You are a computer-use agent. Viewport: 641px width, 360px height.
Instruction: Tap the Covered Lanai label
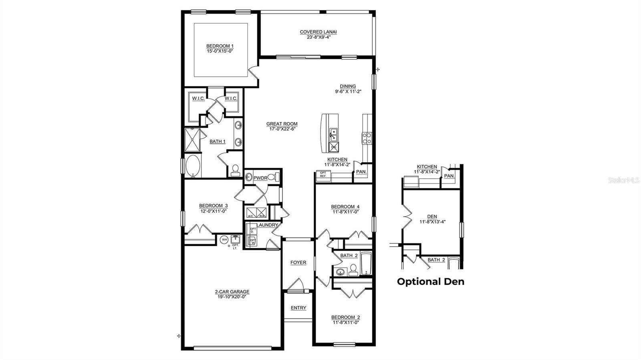(318, 32)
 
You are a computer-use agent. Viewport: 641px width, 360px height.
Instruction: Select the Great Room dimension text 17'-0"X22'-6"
(282, 129)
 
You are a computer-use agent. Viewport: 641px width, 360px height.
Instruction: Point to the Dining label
(348, 86)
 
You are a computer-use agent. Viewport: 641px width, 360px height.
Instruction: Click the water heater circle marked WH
(224, 239)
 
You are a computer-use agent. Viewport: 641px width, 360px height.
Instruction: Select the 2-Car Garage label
(232, 292)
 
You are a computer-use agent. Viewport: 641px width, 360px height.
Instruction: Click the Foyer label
(298, 263)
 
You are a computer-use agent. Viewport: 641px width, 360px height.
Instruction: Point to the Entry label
(298, 308)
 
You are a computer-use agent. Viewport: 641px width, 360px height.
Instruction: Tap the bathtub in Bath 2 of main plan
(366, 264)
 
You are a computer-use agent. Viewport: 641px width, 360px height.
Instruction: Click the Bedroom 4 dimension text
(345, 212)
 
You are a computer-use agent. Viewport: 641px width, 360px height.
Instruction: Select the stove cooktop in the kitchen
(367, 138)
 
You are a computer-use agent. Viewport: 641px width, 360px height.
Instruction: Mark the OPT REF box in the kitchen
(323, 174)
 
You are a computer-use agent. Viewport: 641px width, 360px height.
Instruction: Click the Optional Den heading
(431, 282)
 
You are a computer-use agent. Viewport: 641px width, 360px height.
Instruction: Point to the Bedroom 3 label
(213, 206)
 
